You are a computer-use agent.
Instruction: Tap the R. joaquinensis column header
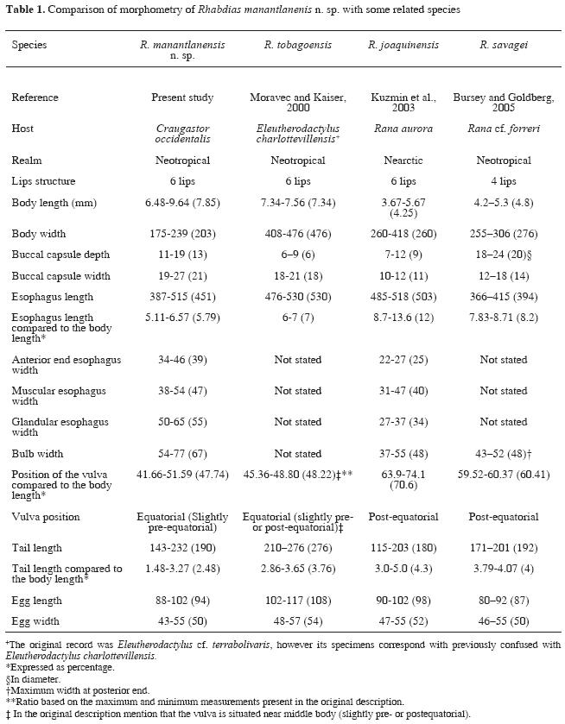(403, 43)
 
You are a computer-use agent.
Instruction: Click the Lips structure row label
(43, 182)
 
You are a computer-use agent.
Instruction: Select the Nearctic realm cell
(403, 161)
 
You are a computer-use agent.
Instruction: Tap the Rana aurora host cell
(403, 128)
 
